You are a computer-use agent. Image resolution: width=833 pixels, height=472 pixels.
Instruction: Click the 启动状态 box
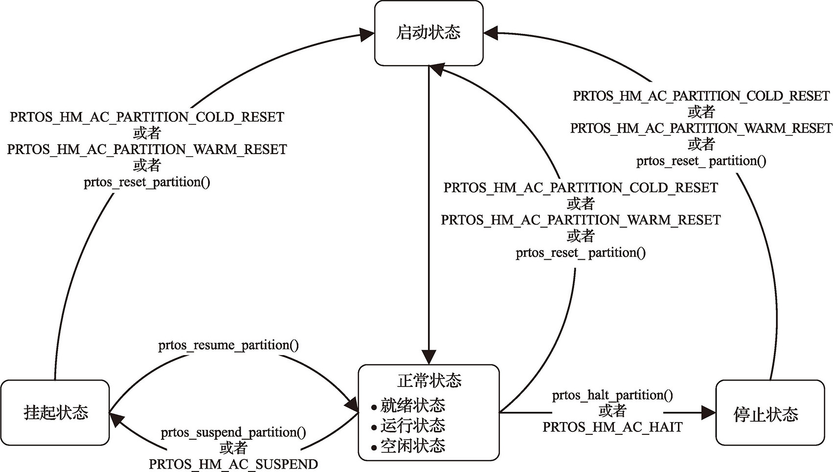point(428,33)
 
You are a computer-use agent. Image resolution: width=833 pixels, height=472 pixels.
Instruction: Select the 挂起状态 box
point(55,412)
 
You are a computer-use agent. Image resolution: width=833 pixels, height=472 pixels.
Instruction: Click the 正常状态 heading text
point(429,380)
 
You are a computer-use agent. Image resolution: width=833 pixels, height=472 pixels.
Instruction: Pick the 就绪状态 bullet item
point(412,405)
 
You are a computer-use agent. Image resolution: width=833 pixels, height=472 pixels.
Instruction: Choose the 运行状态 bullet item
point(412,426)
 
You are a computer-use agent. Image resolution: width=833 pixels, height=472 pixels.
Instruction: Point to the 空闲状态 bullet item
point(412,446)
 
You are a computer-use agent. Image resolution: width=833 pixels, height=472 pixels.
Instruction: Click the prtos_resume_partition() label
point(228,345)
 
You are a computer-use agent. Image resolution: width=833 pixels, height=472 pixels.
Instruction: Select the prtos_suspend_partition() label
point(233,432)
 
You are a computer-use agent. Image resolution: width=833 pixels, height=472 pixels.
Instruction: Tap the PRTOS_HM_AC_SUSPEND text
point(233,464)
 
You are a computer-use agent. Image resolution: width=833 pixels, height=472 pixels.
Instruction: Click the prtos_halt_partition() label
point(612,395)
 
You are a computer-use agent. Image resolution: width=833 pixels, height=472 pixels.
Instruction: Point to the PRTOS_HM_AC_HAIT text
point(612,427)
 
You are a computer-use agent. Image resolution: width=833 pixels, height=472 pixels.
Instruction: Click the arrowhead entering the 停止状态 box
point(708,413)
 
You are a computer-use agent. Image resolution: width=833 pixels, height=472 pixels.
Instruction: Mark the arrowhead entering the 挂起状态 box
point(116,419)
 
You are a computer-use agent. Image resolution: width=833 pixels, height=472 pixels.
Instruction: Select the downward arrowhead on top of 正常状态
point(429,358)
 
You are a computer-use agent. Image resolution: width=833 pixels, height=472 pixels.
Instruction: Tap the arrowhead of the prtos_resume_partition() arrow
point(352,406)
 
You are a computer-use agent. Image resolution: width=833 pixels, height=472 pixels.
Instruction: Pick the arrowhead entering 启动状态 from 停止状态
point(491,33)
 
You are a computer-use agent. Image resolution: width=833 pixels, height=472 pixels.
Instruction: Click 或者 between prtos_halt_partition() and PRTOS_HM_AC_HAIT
point(612,411)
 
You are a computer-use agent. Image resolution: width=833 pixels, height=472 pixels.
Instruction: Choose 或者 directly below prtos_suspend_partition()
point(233,448)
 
